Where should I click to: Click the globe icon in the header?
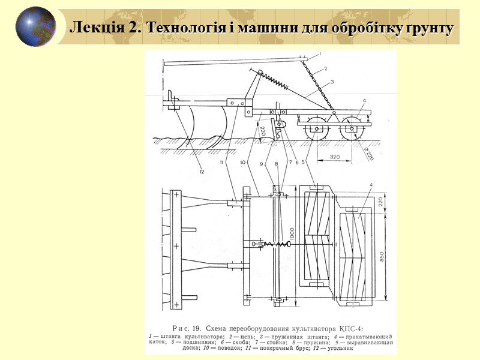point(36,27)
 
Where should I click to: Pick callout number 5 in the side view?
point(304,162)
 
